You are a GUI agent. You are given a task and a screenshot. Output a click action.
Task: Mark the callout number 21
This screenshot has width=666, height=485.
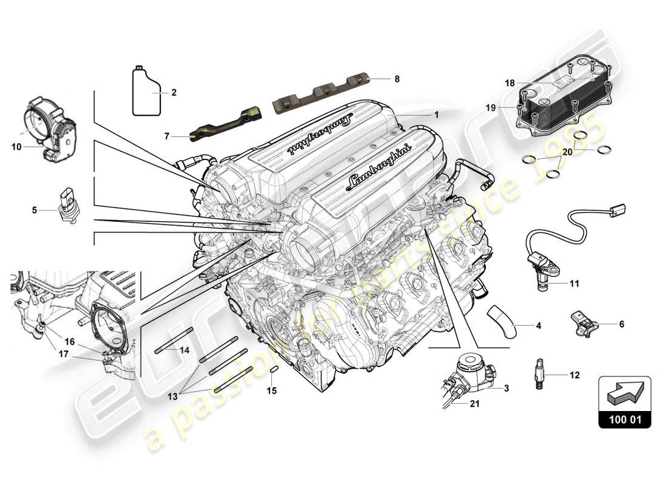tap(475, 404)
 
